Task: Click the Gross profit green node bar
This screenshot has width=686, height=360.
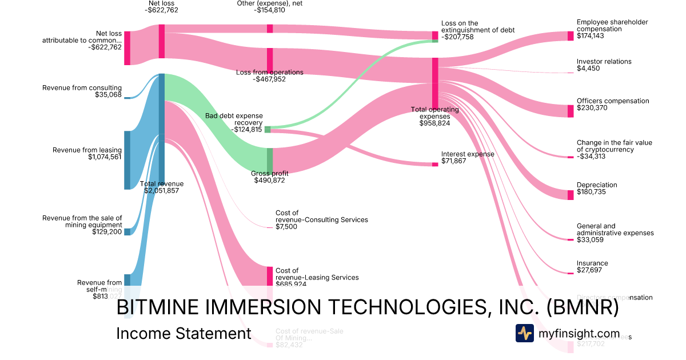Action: coord(270,159)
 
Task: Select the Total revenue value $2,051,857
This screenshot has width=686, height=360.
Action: coord(162,191)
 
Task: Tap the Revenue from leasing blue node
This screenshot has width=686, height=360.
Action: coord(127,160)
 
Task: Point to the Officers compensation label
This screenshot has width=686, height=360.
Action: coord(613,101)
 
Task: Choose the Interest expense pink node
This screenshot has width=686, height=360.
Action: coord(435,164)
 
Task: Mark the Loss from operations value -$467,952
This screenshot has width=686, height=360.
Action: coord(270,79)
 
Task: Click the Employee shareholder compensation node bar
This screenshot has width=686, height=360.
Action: coord(570,36)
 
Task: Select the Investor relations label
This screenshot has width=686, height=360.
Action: coord(604,62)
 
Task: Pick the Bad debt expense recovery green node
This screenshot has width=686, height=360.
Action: coord(267,130)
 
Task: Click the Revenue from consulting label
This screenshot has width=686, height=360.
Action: coord(82,88)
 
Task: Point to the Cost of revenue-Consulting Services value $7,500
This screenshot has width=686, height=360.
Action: coord(286,227)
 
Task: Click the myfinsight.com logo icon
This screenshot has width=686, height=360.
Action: coord(524,333)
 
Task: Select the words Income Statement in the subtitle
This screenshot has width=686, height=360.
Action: coord(184,334)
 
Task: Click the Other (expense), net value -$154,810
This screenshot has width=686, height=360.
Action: coord(270,11)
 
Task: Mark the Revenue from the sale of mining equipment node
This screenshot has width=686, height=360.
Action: coord(127,231)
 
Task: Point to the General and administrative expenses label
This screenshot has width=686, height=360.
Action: coord(615,230)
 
